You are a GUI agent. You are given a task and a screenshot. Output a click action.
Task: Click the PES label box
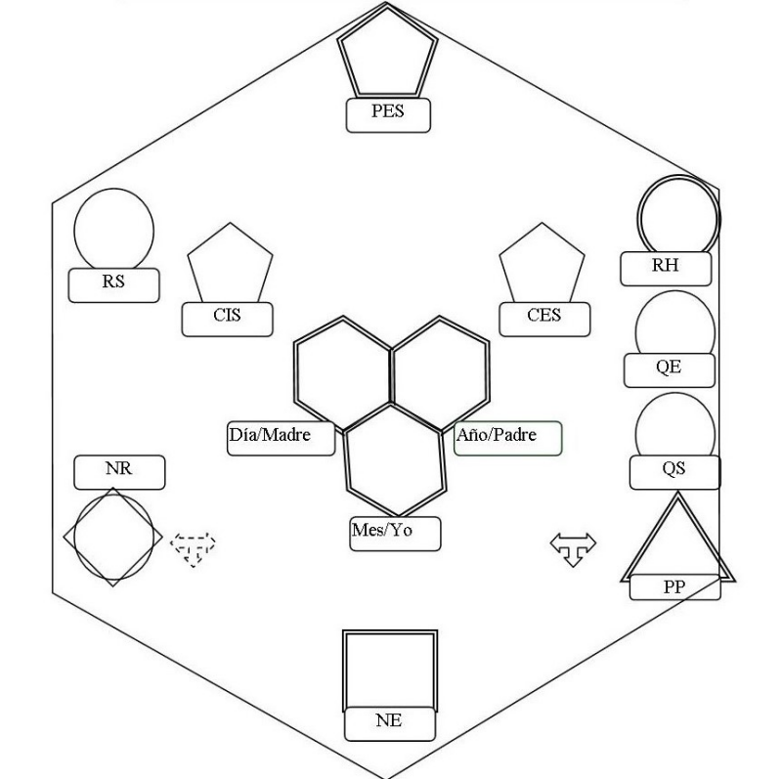pos(388,114)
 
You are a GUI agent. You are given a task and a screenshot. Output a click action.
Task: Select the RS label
pos(113,284)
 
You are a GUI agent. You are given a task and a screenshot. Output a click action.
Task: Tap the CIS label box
pos(226,317)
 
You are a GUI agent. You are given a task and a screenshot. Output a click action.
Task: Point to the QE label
pos(669,369)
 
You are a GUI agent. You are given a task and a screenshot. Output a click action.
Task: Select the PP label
pos(674,586)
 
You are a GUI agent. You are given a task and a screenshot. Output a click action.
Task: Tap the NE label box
pos(388,723)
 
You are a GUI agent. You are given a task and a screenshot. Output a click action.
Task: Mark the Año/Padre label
pos(507,437)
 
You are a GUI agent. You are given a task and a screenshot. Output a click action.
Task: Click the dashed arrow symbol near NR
pos(193,547)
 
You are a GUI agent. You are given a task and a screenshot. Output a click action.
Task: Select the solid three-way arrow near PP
pos(573,547)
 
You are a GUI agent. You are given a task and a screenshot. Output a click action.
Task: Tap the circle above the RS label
pos(113,231)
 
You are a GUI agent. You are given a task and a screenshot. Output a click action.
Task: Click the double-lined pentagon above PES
pos(388,54)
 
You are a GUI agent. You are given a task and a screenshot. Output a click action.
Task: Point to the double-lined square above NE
pos(390,669)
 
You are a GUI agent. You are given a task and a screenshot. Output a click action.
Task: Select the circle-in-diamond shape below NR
pos(113,538)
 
